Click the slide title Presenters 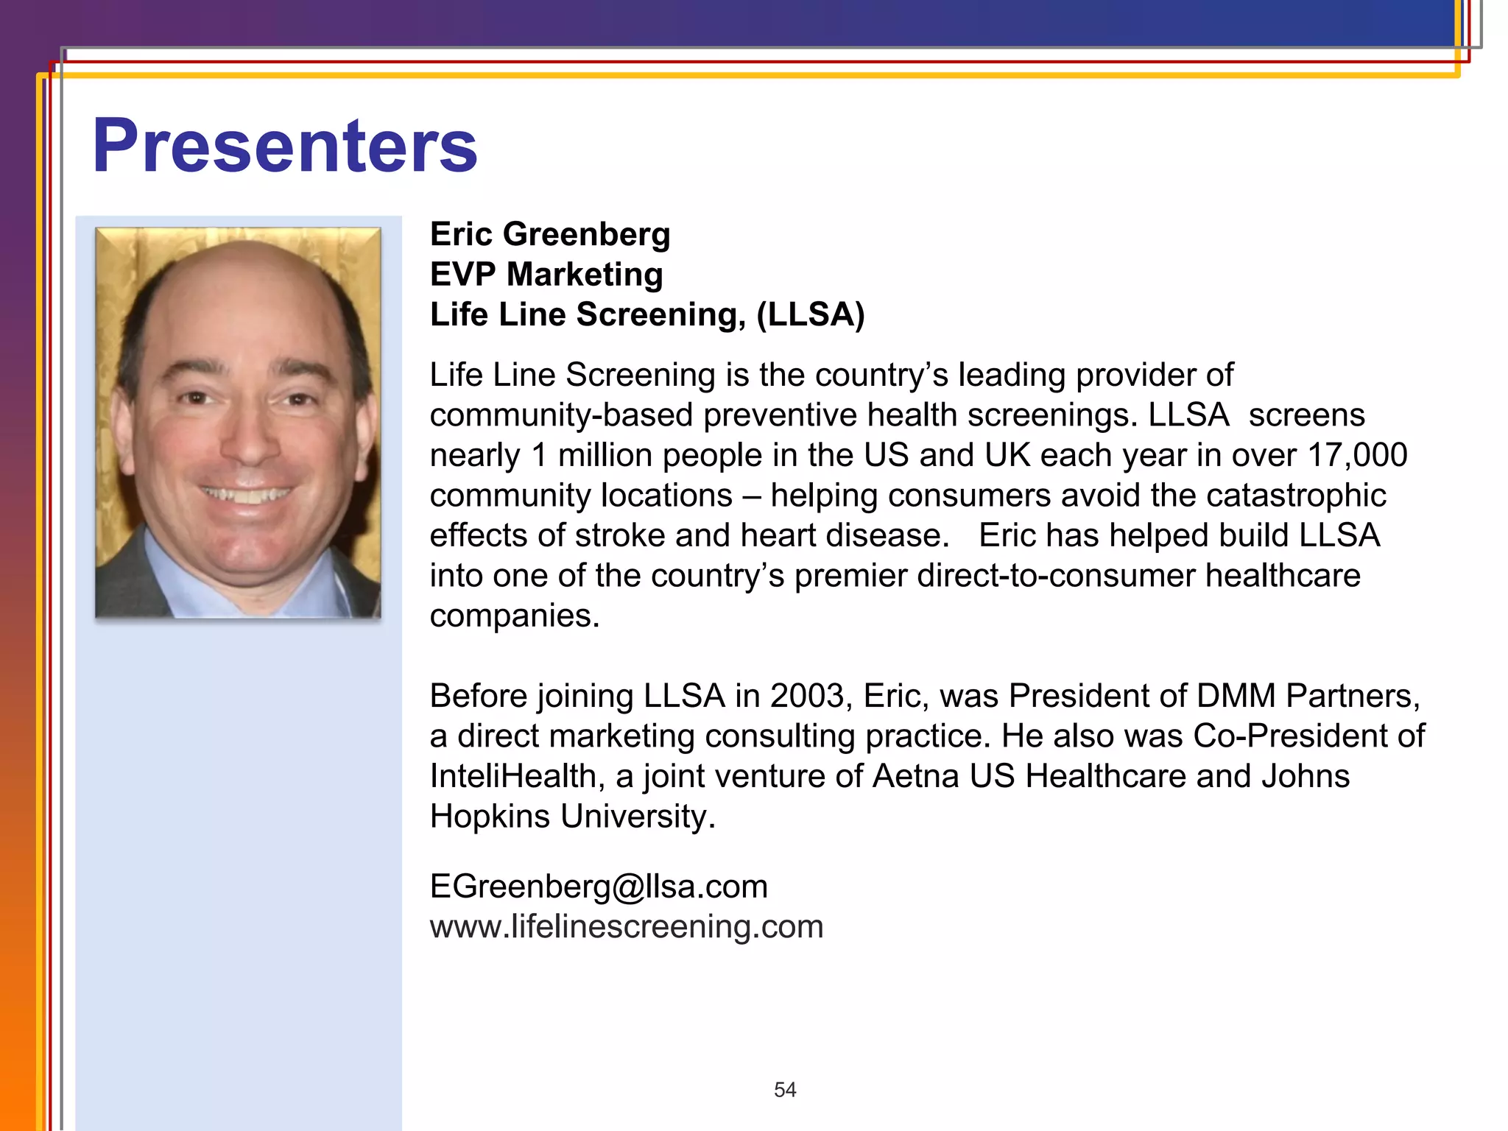tap(285, 147)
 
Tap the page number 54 tap(785, 1090)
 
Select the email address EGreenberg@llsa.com tap(599, 886)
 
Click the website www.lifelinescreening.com tap(627, 926)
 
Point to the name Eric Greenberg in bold tap(550, 234)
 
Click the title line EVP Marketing tap(546, 275)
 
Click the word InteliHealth tap(512, 776)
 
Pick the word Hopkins tap(490, 817)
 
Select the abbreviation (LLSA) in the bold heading tap(810, 314)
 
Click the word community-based tap(561, 415)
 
